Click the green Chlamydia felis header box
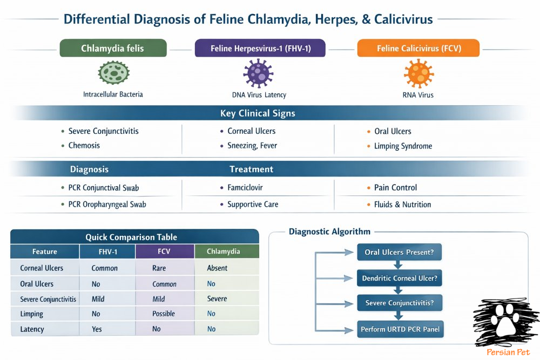[113, 49]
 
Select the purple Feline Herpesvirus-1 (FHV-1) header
[260, 49]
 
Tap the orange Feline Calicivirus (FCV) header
[418, 49]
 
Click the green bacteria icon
[112, 74]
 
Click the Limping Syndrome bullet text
[403, 146]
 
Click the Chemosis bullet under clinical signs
[84, 146]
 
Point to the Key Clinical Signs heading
[258, 113]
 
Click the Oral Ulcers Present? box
[399, 252]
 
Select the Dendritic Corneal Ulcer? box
[399, 279]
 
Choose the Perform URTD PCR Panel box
[400, 328]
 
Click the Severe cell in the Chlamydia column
[217, 298]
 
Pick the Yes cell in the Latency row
[97, 329]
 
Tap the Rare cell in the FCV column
[159, 268]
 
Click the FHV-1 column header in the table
[107, 252]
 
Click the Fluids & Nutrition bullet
[403, 205]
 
